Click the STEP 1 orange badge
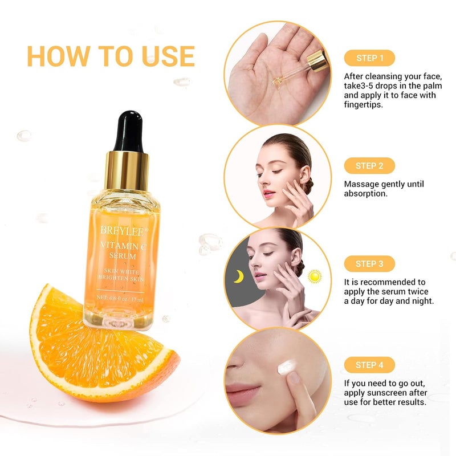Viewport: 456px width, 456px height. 369,58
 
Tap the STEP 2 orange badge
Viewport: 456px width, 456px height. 369,166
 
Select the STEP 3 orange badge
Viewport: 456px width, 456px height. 369,263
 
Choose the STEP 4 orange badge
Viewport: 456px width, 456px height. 369,365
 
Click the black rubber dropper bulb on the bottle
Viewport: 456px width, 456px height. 128,132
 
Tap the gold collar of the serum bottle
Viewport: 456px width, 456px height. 127,171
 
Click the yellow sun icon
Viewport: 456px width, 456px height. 314,276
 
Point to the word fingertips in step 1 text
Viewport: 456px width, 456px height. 366,105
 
